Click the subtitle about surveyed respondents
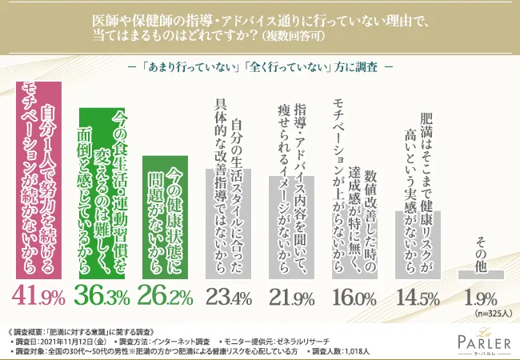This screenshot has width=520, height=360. click(x=259, y=66)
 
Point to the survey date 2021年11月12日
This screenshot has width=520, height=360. click(x=78, y=340)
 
